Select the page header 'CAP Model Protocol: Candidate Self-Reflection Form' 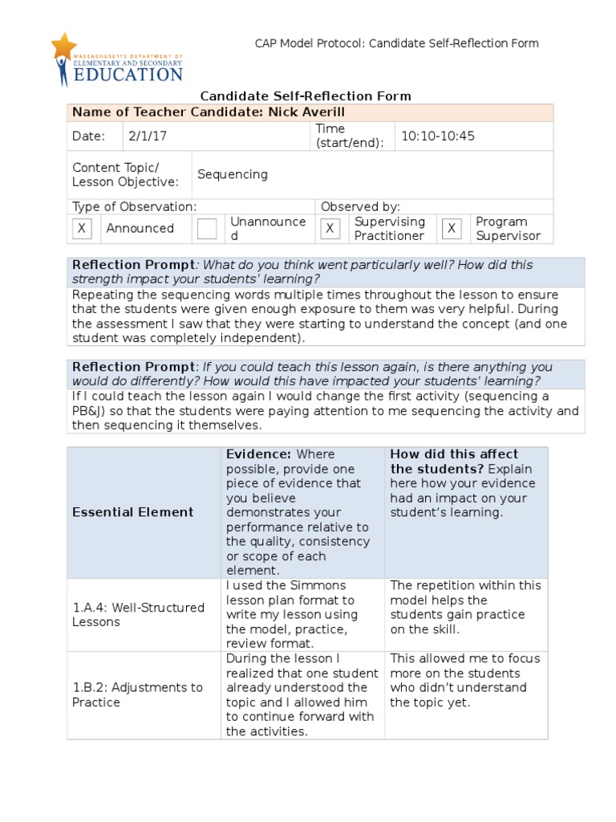[x=396, y=43]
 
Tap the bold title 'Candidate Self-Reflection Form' [x=305, y=96]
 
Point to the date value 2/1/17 [x=148, y=136]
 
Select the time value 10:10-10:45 [x=438, y=136]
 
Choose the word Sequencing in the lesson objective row [x=233, y=174]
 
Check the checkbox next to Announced [x=81, y=229]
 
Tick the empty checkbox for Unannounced [x=207, y=229]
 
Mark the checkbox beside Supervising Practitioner [x=330, y=229]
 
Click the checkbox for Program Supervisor [x=452, y=229]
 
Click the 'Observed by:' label [x=360, y=207]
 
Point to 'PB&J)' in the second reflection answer [x=90, y=411]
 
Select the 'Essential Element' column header [x=133, y=512]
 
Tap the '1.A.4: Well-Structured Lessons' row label [x=138, y=615]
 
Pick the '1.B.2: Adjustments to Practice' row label [x=137, y=695]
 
